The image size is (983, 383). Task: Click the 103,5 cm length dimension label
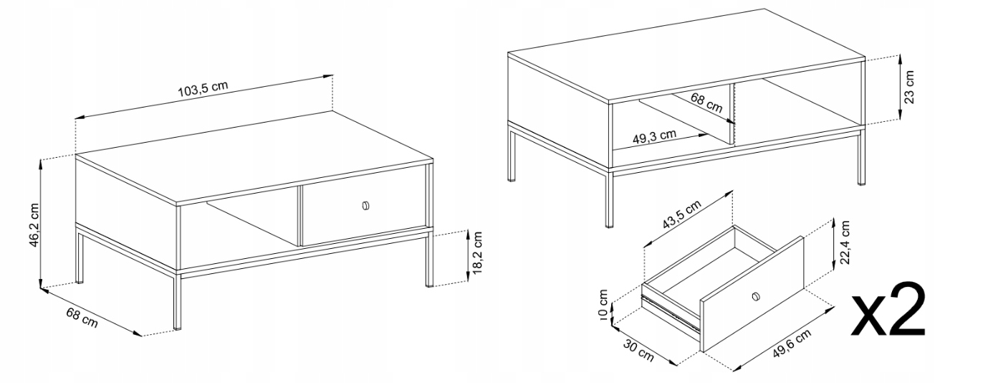[x=203, y=89]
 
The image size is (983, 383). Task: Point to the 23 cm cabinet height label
[x=910, y=87]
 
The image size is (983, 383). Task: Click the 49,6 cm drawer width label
[x=791, y=344]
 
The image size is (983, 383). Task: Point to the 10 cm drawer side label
[x=603, y=305]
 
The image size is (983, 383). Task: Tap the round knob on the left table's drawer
[x=365, y=206]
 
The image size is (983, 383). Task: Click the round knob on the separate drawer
[x=756, y=297]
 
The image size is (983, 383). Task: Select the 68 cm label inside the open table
[x=706, y=103]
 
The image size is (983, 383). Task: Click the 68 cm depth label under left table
[x=82, y=318]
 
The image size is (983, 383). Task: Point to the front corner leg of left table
[x=177, y=301]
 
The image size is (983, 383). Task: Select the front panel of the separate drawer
[x=752, y=294]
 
